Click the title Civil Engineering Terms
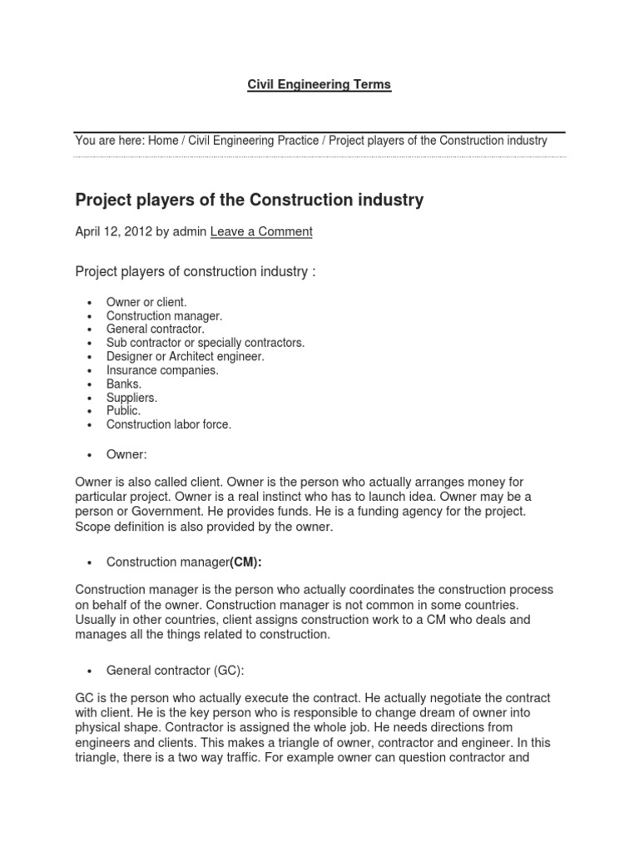319,85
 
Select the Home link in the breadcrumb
163,141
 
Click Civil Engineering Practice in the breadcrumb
253,141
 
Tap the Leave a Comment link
261,232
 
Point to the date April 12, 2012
113,232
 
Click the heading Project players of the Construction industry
250,200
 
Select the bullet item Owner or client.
146,302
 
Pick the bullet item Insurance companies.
162,370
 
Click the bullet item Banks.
124,384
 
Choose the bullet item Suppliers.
131,398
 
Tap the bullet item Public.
123,411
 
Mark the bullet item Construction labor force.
169,424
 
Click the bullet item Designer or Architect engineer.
185,356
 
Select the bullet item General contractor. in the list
155,329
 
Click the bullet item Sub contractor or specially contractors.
206,343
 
